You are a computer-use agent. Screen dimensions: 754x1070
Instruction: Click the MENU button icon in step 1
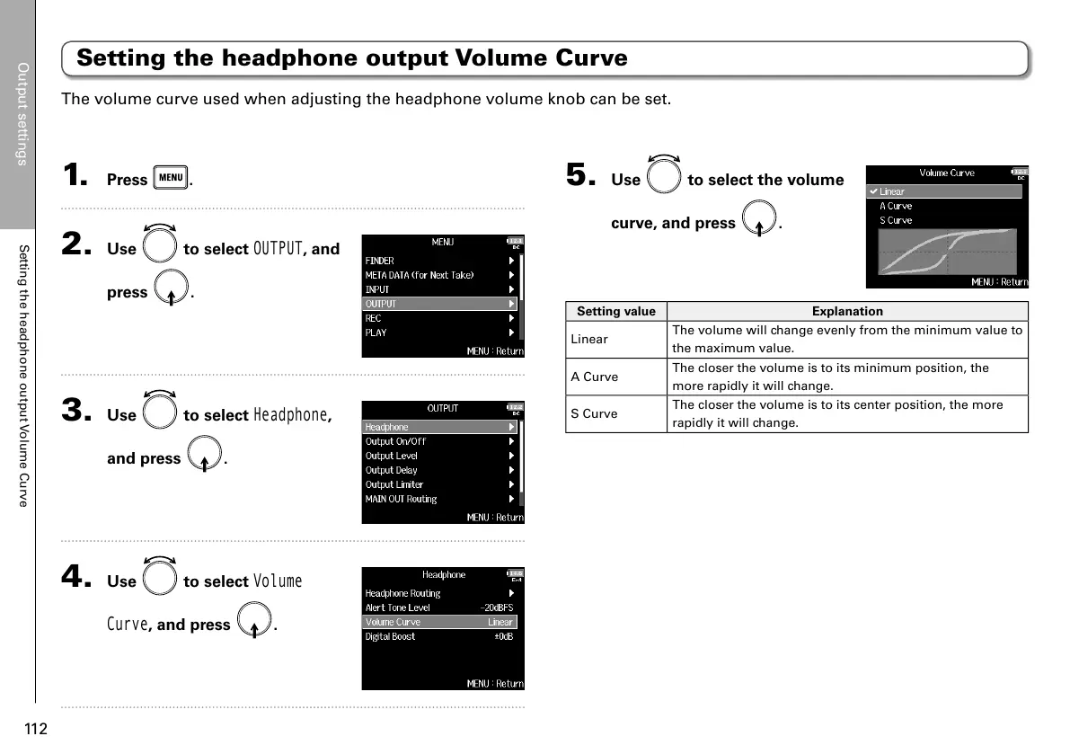click(x=171, y=178)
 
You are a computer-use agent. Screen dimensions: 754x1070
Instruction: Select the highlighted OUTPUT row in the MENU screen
click(x=440, y=304)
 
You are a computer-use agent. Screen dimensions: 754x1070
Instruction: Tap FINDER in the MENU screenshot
click(x=380, y=261)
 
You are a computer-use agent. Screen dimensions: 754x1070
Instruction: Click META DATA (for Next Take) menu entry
click(x=419, y=275)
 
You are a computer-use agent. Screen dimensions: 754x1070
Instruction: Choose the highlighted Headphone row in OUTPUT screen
click(x=440, y=427)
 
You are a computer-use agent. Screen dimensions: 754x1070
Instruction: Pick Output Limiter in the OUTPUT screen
click(x=394, y=484)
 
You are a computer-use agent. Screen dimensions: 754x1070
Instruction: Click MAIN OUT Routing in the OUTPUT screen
click(x=401, y=499)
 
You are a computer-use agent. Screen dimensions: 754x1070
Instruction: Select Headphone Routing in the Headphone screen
click(x=402, y=593)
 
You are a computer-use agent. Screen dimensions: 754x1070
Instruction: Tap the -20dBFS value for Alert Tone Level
click(x=496, y=608)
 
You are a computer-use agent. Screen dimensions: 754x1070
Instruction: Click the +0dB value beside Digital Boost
click(x=503, y=636)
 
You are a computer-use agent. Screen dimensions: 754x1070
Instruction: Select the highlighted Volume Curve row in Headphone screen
click(x=439, y=622)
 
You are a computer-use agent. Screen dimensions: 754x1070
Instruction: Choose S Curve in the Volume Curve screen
click(x=896, y=220)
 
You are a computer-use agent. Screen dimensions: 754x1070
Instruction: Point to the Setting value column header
click(x=616, y=311)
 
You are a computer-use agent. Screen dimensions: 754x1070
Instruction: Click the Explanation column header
click(x=847, y=311)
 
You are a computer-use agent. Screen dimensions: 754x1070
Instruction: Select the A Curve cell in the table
click(x=595, y=377)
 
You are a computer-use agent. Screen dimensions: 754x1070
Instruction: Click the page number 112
click(x=35, y=728)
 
